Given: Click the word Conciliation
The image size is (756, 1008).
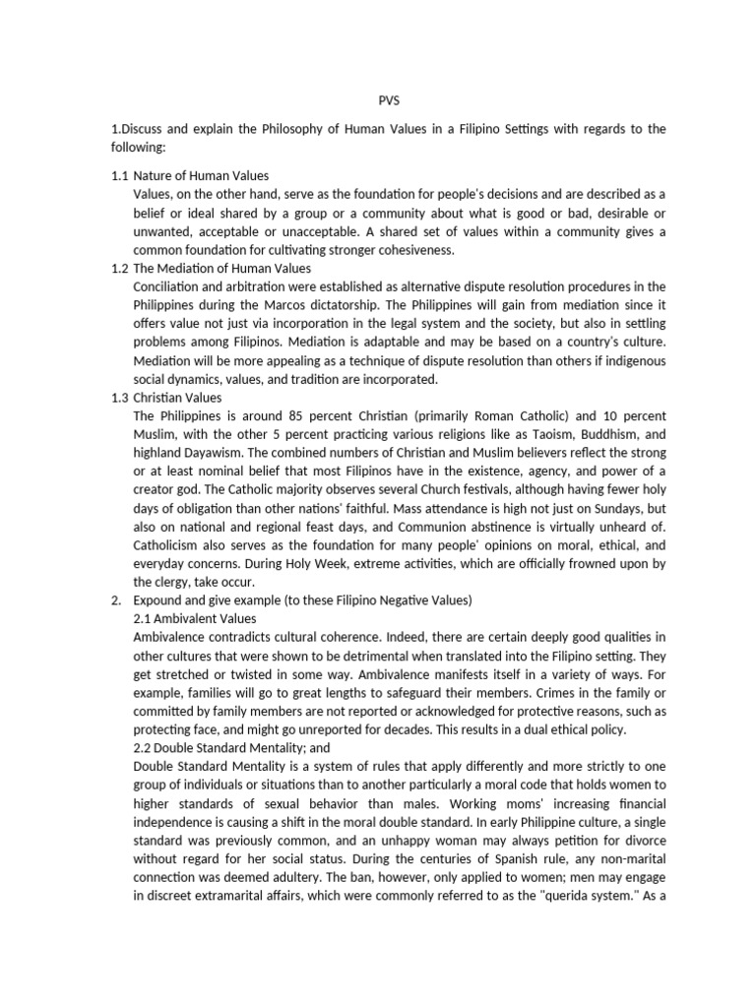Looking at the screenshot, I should pyautogui.click(x=171, y=285).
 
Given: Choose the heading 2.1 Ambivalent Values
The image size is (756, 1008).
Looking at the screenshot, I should pyautogui.click(x=194, y=618).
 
